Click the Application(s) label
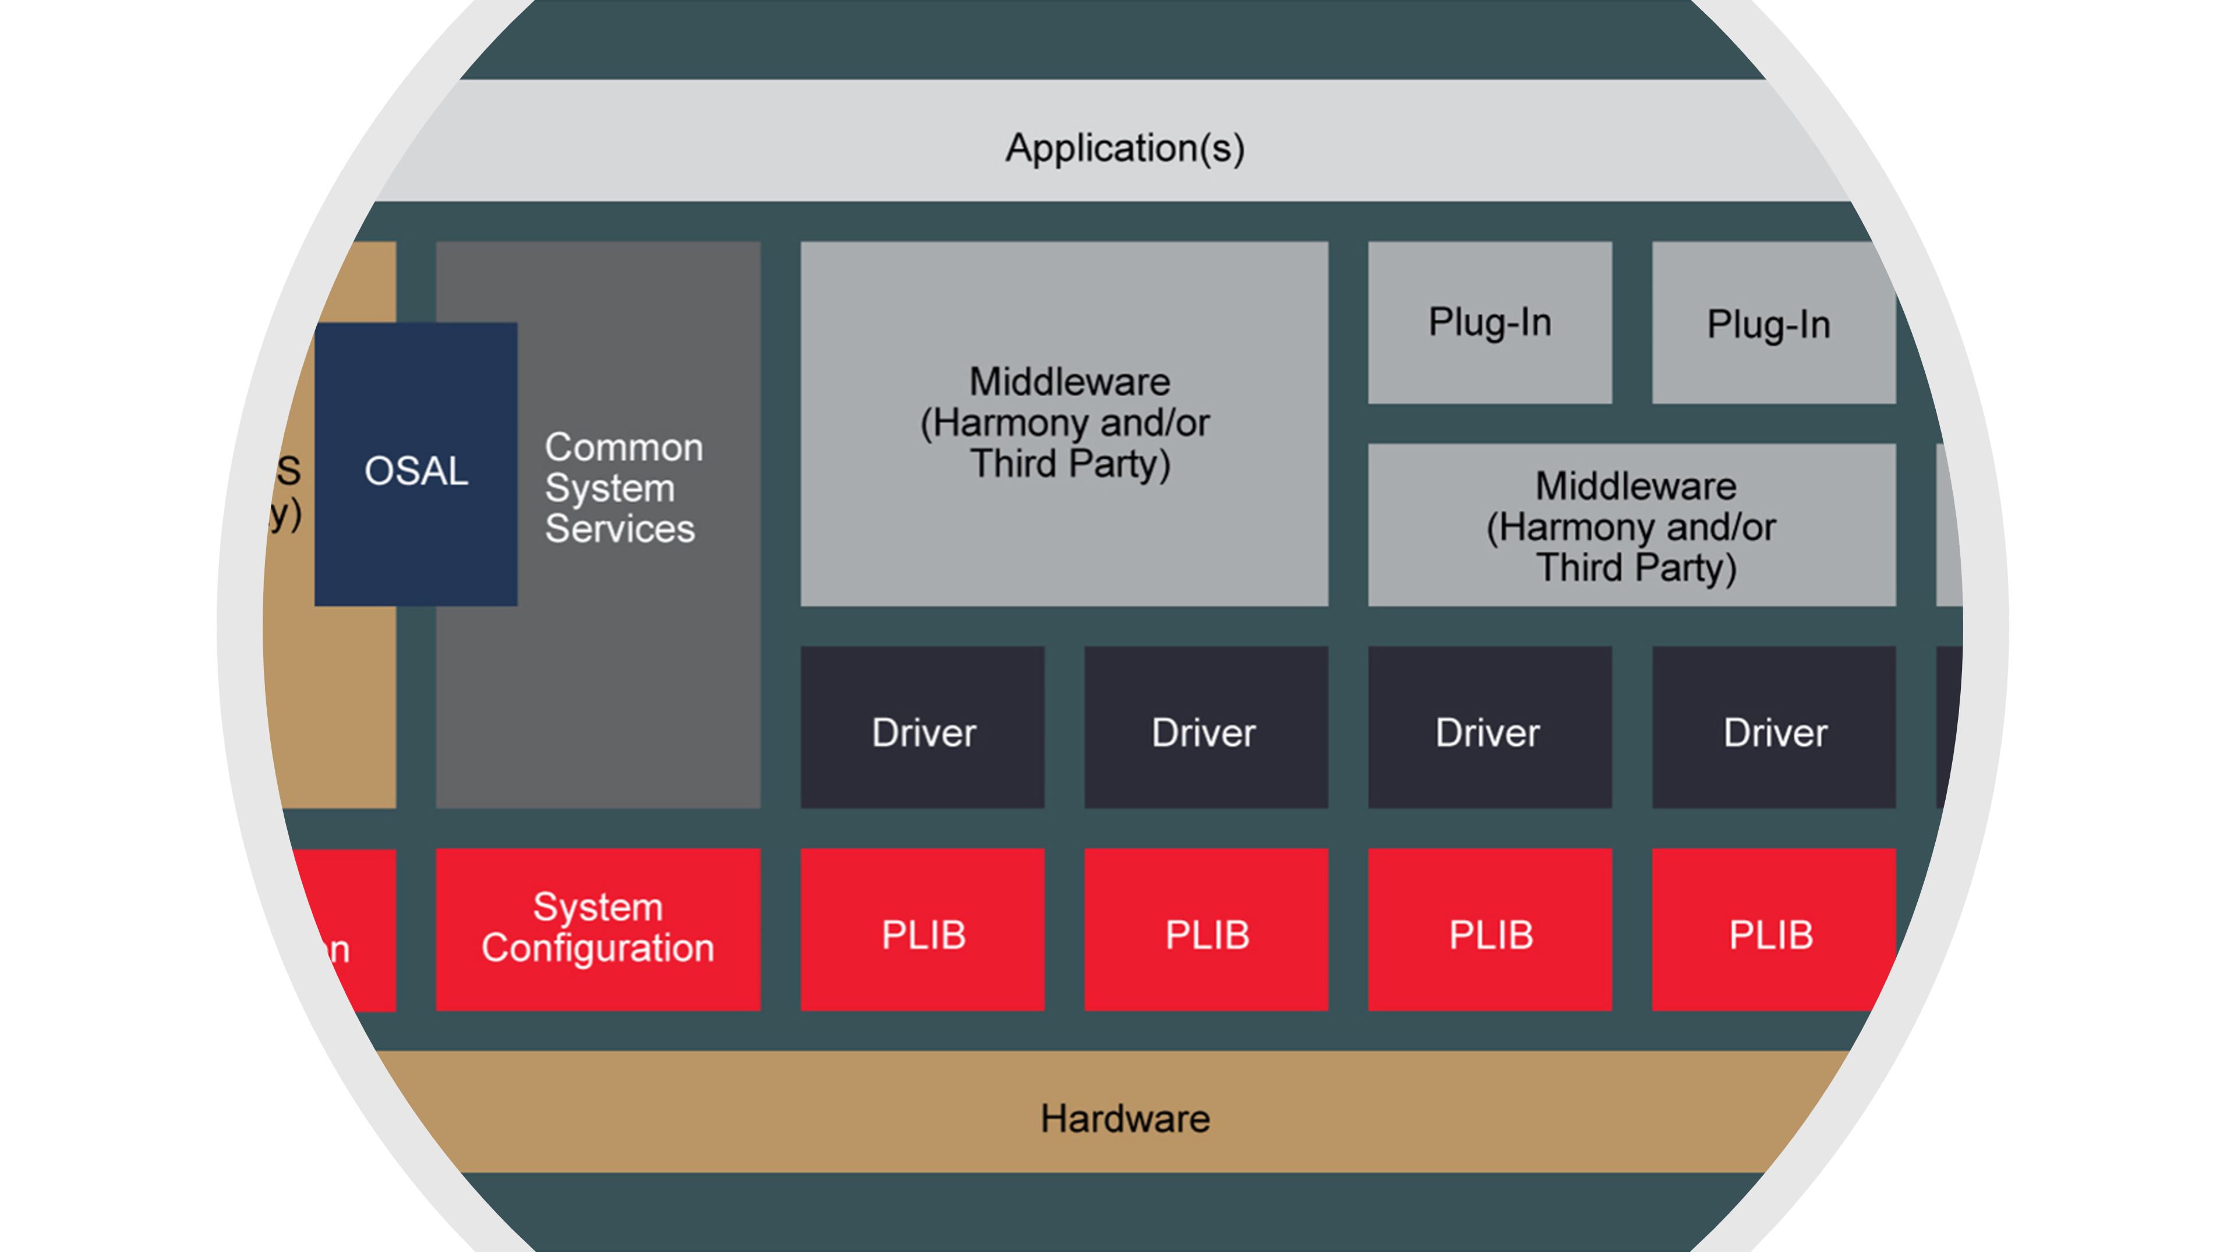[x=1124, y=148]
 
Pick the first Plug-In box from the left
[x=1490, y=323]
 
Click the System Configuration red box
[x=598, y=929]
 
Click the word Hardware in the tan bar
[x=1124, y=1119]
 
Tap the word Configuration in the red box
[x=598, y=949]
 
